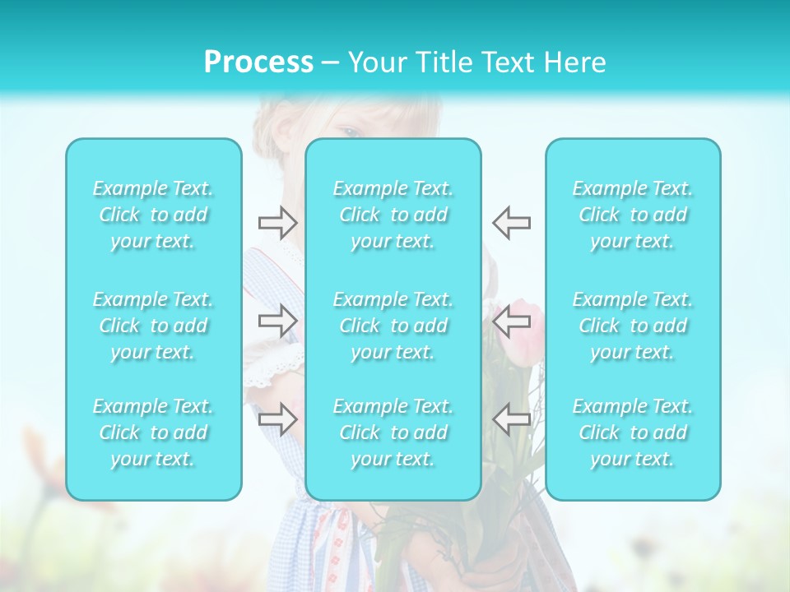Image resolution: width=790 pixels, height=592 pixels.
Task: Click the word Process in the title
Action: pos(258,62)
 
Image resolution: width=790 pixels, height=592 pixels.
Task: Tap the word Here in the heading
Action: pos(574,62)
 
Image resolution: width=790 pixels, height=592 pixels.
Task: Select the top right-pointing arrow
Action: pos(277,222)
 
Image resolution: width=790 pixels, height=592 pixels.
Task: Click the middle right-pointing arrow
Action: pos(277,320)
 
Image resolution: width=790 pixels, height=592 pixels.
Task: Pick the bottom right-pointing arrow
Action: pos(277,419)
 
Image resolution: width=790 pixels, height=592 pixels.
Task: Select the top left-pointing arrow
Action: pos(511,222)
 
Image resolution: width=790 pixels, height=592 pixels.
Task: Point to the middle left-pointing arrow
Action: pos(511,320)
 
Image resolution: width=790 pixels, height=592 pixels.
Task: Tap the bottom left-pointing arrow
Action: pos(511,419)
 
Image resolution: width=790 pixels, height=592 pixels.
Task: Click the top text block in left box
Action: pos(153,215)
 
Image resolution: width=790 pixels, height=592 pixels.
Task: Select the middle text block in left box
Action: pos(153,326)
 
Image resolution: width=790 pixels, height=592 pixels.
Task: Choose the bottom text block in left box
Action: pos(153,432)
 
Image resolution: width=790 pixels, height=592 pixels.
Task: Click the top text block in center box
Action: pos(393,215)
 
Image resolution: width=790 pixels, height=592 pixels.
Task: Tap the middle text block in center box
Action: pos(393,326)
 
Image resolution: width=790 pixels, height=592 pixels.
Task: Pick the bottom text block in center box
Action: pos(393,432)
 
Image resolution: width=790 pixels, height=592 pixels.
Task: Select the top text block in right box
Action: pos(633,215)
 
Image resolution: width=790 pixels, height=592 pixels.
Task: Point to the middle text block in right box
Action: pos(633,326)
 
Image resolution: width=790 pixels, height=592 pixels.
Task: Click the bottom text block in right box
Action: pos(633,432)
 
